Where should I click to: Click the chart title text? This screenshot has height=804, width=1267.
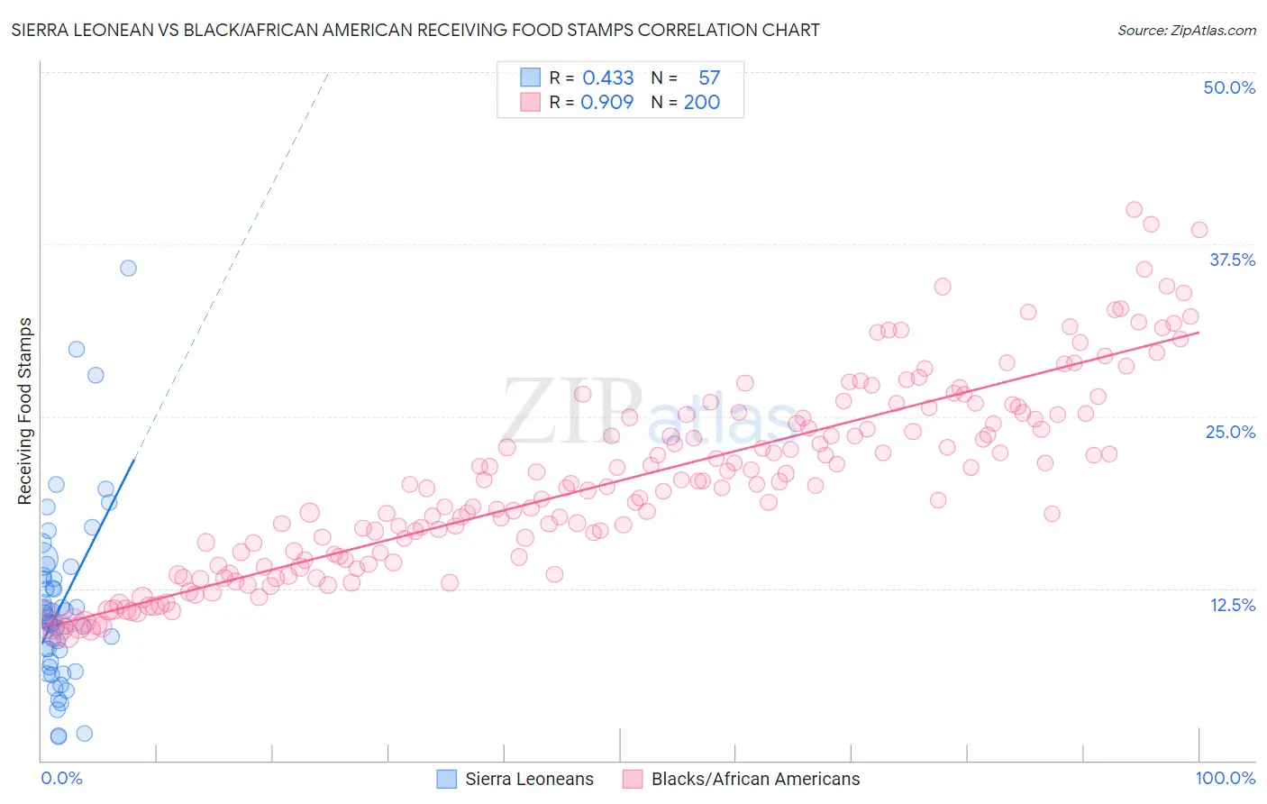(415, 30)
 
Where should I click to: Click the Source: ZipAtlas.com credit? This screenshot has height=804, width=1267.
(1186, 30)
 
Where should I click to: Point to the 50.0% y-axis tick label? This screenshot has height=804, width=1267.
(1228, 87)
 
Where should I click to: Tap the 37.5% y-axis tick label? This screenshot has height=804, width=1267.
(1231, 260)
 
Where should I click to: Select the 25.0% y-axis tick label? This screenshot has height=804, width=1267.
(1230, 432)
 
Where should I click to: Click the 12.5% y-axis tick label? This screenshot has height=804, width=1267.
(1232, 605)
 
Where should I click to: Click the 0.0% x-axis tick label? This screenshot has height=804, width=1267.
(61, 778)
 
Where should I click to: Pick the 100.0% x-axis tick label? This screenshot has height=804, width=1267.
(1225, 778)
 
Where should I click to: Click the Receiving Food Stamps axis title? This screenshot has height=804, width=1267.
(25, 411)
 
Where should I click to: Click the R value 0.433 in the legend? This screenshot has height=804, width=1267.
(607, 78)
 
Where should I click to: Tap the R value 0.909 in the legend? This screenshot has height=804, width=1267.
(606, 102)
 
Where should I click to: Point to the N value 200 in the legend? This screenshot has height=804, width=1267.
(701, 102)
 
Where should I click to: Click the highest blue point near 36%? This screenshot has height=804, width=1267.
(128, 268)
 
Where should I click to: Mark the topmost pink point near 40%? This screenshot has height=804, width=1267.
(1134, 210)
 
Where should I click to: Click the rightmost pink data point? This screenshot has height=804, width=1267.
(1199, 230)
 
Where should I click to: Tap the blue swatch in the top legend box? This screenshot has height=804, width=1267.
(530, 78)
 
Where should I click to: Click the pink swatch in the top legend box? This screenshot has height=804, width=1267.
(530, 102)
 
